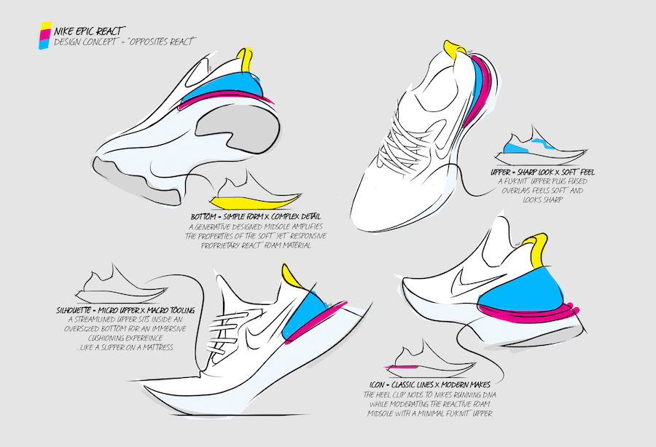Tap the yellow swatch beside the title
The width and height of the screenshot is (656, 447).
tap(45, 28)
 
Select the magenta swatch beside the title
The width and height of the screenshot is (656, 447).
tap(44, 37)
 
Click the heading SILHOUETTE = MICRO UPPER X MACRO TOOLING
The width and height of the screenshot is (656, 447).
tap(120, 309)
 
